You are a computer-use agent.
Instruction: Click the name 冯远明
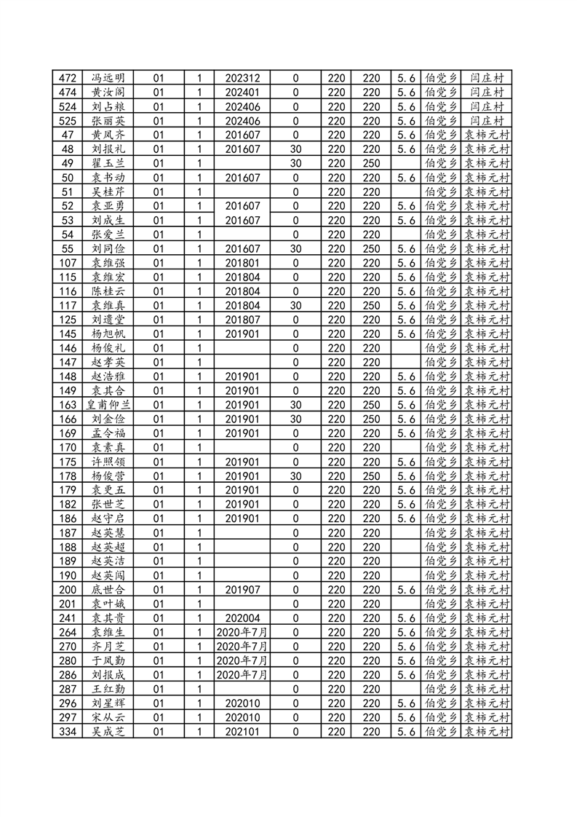[108, 78]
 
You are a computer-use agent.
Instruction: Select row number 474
[69, 92]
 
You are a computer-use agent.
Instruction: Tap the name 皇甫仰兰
[108, 405]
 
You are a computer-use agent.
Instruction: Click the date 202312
[242, 78]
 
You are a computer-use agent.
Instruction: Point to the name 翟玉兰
[108, 163]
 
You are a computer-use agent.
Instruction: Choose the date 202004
[242, 617]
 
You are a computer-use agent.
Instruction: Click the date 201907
[242, 589]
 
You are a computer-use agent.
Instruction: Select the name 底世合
[108, 589]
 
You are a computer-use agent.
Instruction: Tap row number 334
[69, 731]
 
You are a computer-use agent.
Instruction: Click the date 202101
[242, 731]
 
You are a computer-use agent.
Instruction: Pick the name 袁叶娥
[108, 604]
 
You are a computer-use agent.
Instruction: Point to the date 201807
[242, 320]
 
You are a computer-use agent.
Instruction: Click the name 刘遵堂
[108, 320]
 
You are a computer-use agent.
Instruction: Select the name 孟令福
[108, 433]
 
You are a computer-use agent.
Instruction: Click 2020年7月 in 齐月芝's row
[242, 646]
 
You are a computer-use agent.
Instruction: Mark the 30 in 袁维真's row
[295, 305]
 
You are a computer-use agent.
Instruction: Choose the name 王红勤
[108, 689]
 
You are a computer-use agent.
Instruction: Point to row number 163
[69, 405]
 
